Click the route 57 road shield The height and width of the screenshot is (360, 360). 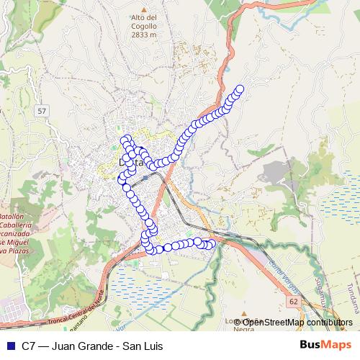[42, 111]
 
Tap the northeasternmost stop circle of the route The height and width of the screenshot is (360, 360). [240, 89]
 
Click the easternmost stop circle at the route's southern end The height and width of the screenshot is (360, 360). [212, 244]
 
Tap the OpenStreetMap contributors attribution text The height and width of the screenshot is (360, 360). [297, 322]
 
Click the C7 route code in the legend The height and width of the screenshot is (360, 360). [29, 345]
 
